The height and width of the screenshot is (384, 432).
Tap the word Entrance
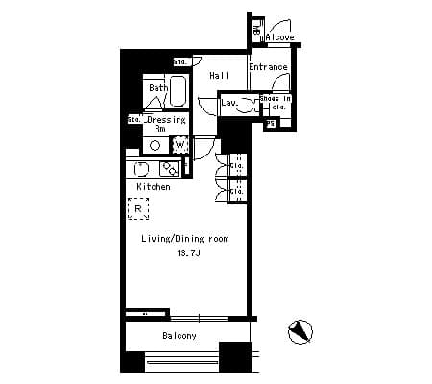coord(268,67)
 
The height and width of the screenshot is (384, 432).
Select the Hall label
coord(218,75)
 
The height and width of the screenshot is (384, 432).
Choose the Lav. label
coord(229,102)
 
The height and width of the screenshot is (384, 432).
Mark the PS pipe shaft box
coord(271,123)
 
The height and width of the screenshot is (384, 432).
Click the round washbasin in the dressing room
coord(154,145)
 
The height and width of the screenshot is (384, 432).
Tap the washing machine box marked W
coord(180,145)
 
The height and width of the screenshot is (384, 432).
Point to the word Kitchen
coord(153,186)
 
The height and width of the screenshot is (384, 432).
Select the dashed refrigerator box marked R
coord(138,208)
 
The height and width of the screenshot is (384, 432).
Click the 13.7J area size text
coord(186,253)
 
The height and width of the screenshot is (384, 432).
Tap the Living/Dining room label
coord(184,239)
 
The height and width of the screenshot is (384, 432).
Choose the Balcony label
coord(179,335)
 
